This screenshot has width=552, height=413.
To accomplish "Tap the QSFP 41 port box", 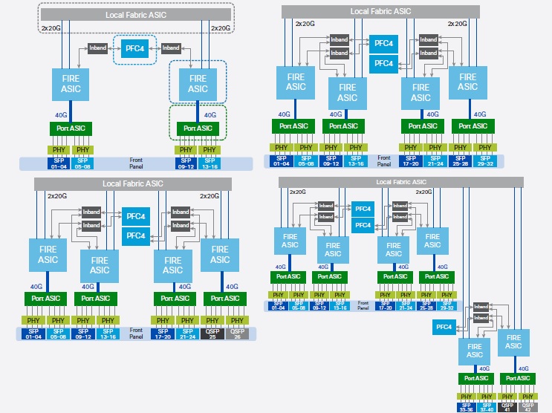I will point(508,407).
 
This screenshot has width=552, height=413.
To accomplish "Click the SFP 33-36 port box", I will point(466,407).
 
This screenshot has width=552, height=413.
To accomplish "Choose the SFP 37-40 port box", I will point(487,407).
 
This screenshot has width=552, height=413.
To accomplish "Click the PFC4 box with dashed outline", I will point(135,48).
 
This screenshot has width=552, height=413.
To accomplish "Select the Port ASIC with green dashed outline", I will point(198,128).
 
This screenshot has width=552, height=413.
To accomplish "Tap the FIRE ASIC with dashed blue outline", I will point(198,83).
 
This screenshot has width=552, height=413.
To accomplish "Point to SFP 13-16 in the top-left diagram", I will point(209,162).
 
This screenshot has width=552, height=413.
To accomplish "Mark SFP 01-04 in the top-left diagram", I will point(59,162).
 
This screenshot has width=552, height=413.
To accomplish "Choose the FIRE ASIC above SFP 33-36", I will point(475,351).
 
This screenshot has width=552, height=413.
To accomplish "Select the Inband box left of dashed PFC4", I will point(97,48).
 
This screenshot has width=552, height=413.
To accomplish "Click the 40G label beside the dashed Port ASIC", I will point(210,115).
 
